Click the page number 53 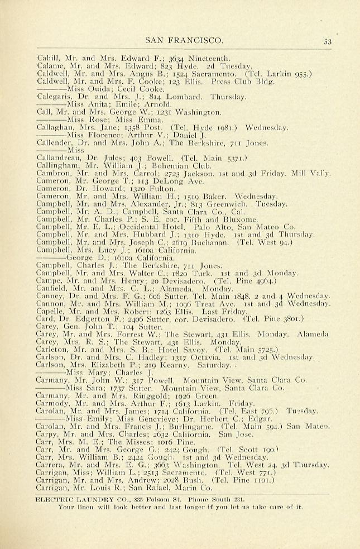tap(328, 40)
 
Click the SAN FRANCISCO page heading tap(184, 40)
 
